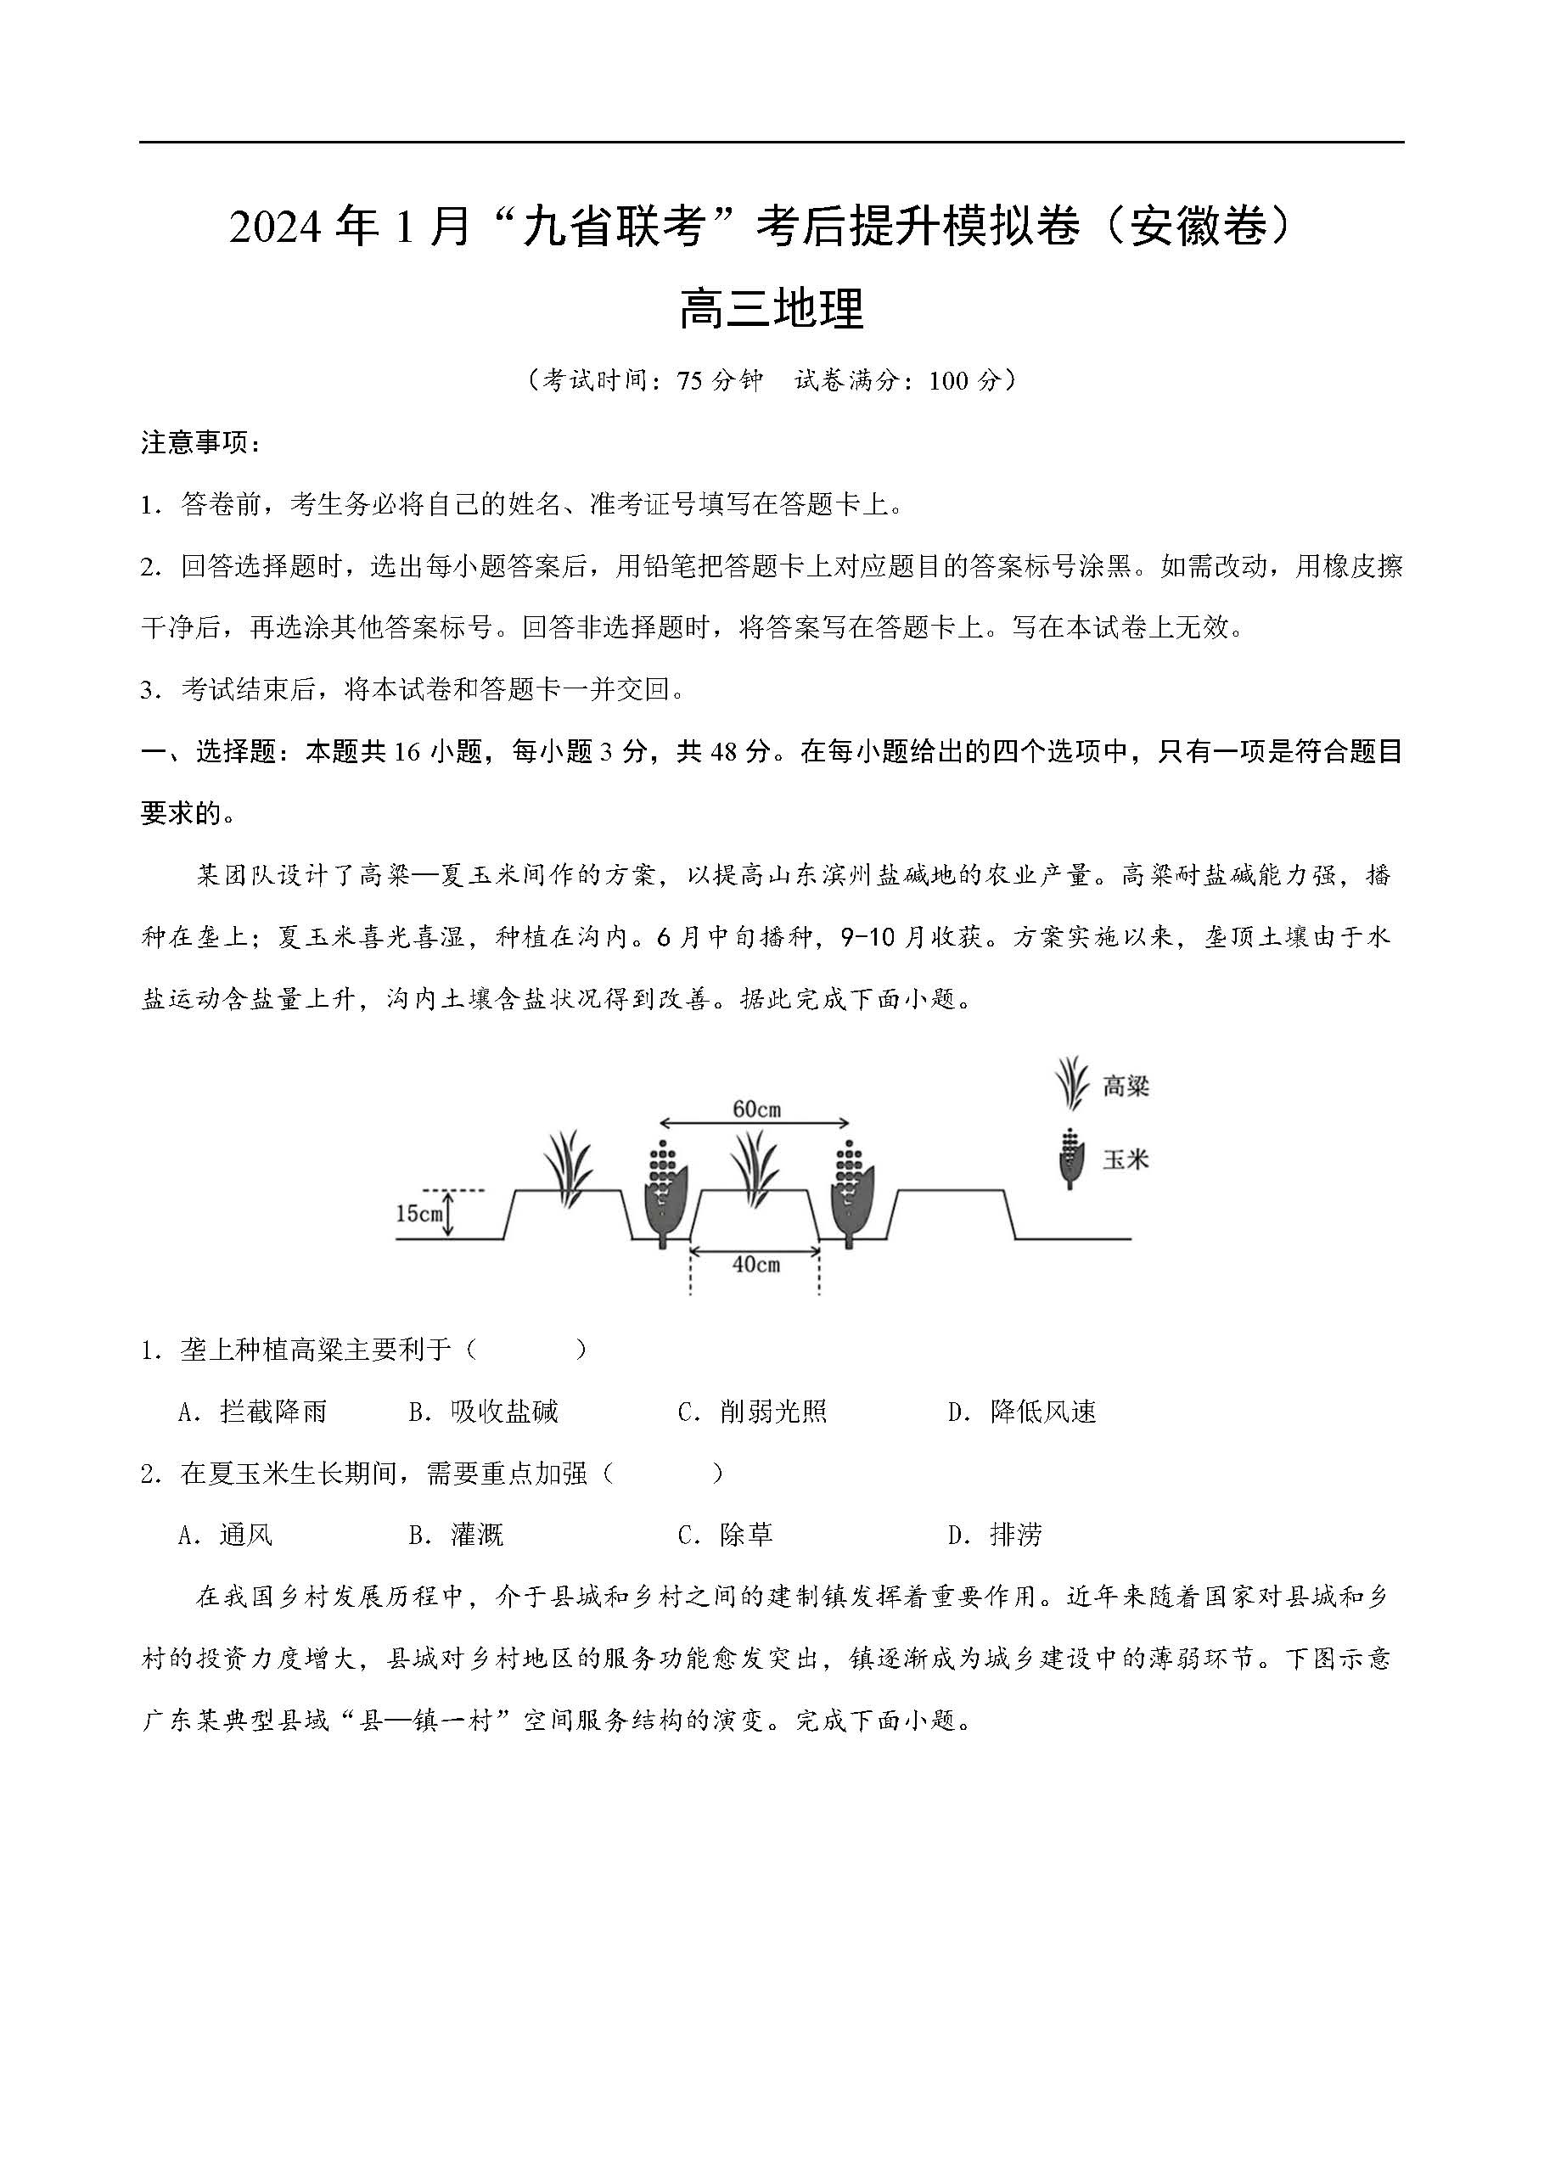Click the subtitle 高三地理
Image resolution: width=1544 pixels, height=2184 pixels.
click(x=771, y=309)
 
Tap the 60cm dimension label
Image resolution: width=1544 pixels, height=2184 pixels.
click(x=756, y=1109)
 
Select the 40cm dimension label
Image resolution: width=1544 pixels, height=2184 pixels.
click(x=756, y=1264)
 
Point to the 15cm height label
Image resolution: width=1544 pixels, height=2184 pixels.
click(x=418, y=1214)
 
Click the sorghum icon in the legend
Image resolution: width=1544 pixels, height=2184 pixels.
click(x=1072, y=1083)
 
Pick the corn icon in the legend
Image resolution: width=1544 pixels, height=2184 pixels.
click(x=1072, y=1159)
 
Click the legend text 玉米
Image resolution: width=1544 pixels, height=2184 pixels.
click(x=1126, y=1159)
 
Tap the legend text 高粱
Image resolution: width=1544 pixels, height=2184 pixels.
click(x=1126, y=1086)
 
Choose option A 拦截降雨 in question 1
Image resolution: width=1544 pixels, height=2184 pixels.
click(x=253, y=1412)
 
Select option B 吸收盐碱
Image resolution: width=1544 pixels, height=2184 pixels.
click(x=483, y=1412)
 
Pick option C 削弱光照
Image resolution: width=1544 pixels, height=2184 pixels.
click(x=753, y=1412)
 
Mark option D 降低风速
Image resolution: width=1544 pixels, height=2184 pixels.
click(x=1023, y=1412)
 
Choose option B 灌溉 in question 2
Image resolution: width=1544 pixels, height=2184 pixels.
click(x=457, y=1535)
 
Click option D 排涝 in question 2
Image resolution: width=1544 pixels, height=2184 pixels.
click(x=996, y=1535)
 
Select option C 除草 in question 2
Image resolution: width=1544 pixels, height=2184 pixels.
click(x=726, y=1535)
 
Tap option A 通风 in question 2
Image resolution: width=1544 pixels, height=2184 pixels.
click(x=227, y=1535)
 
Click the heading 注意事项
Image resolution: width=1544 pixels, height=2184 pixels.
click(x=199, y=442)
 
